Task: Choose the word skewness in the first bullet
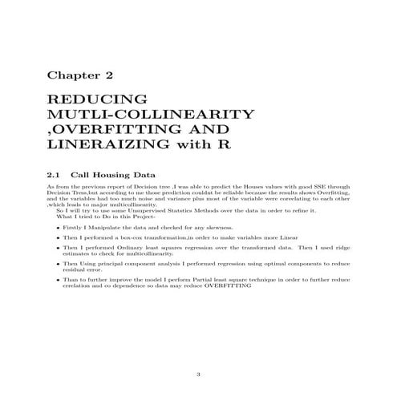pos(192,227)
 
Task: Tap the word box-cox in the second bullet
pos(133,238)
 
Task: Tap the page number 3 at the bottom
pos(198,374)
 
